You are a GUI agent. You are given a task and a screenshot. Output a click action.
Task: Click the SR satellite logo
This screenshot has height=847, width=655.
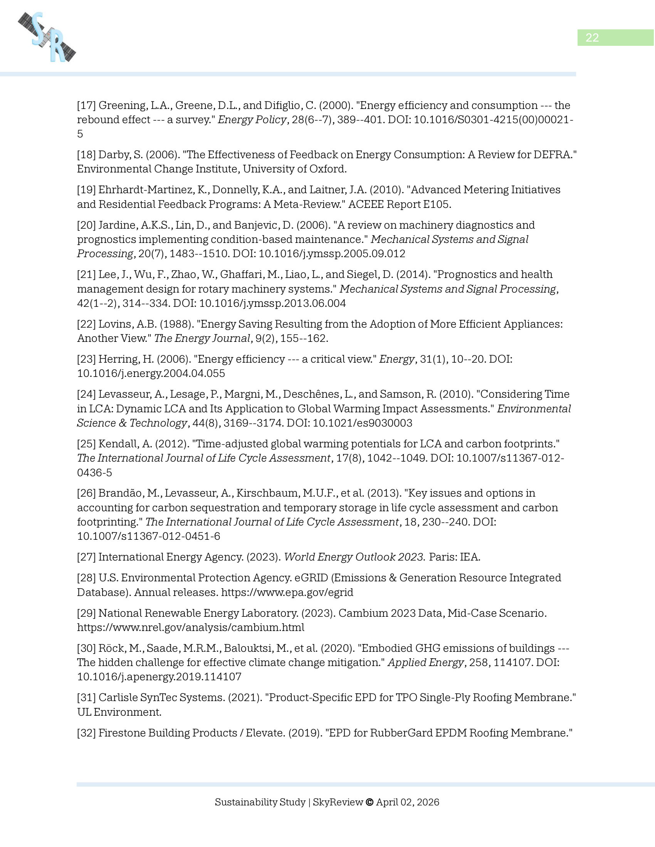pyautogui.click(x=47, y=37)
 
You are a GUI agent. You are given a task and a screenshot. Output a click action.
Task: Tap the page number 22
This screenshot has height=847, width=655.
pyautogui.click(x=592, y=38)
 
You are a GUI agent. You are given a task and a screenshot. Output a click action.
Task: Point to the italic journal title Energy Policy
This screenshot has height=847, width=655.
pyautogui.click(x=252, y=120)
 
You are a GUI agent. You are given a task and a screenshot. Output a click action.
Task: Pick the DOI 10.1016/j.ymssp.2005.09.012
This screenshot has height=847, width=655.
pyautogui.click(x=332, y=254)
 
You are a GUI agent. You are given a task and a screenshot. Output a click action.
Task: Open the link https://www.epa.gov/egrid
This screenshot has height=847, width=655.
pyautogui.click(x=287, y=593)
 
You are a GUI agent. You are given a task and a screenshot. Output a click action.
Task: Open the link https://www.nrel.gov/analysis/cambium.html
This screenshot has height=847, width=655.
pyautogui.click(x=190, y=628)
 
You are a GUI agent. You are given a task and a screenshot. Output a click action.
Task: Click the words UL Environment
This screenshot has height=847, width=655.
pyautogui.click(x=119, y=712)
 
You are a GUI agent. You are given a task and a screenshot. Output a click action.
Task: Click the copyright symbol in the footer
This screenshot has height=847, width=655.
pyautogui.click(x=369, y=802)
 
